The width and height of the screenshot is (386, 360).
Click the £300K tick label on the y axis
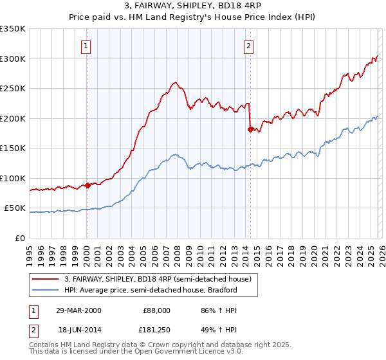click(13, 59)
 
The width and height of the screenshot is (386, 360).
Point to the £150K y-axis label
click(13, 148)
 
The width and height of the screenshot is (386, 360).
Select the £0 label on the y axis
click(21, 238)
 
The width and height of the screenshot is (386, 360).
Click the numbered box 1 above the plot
click(86, 46)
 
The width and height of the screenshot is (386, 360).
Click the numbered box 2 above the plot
click(248, 46)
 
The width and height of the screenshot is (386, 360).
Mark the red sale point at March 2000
click(87, 186)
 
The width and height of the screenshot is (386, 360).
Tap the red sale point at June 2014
click(250, 129)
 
